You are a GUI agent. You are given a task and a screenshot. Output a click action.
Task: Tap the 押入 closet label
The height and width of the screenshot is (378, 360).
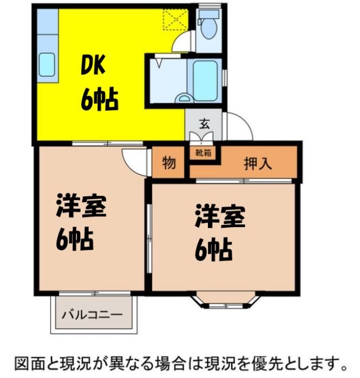coord(257,163)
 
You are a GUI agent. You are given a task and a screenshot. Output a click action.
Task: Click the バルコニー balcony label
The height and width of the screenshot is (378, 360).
coord(92,314)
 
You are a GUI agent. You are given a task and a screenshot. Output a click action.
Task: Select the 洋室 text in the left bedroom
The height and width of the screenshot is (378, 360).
coord(81,206)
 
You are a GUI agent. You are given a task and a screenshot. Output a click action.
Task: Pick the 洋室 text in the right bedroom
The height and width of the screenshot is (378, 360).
coord(220,216)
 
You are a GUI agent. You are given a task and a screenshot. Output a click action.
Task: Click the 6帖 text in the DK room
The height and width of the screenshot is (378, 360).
coord(100,98)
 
